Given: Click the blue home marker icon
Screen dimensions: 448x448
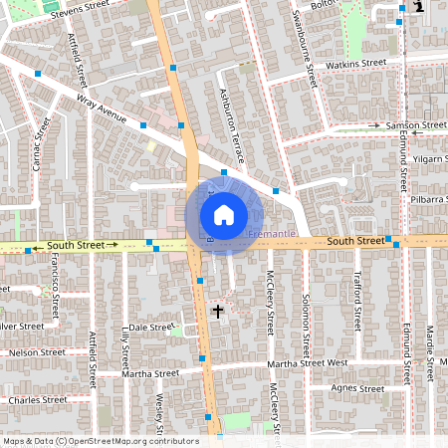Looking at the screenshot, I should pos(224,214).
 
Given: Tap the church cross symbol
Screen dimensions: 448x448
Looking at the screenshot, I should pos(218,312).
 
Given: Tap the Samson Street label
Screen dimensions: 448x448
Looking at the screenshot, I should pos(416,125).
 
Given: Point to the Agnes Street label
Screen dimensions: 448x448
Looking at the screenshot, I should pos(357,388).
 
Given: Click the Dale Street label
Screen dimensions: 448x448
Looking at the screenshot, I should pos(151,327).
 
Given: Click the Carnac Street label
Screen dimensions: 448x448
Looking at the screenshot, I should pos(41,143).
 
